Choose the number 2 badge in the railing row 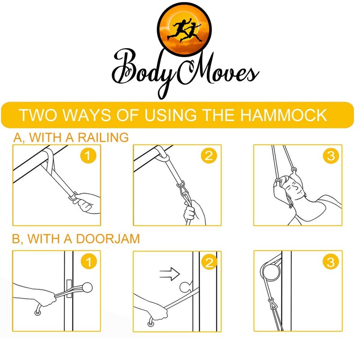pyautogui.click(x=208, y=156)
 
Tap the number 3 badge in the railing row pyautogui.click(x=330, y=156)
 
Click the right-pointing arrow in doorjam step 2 pyautogui.click(x=170, y=273)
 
